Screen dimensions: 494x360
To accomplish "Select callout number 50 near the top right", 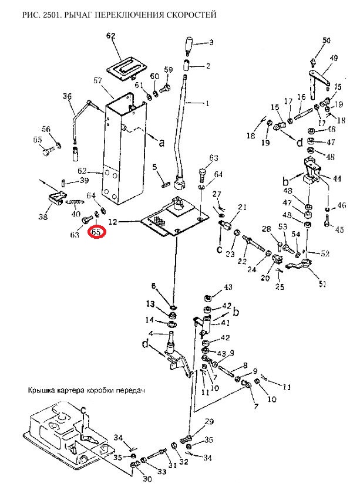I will pyautogui.click(x=327, y=40).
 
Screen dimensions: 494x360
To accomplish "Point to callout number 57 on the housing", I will pyautogui.click(x=99, y=80).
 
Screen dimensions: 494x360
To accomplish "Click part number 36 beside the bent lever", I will pyautogui.click(x=67, y=97).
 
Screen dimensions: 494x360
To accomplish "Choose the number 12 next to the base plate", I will pyautogui.click(x=113, y=222).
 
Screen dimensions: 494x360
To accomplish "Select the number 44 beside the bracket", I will pyautogui.click(x=337, y=178).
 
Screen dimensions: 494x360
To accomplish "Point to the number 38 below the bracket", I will pyautogui.click(x=43, y=217).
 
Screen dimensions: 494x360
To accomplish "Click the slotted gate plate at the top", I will pyautogui.click(x=126, y=64).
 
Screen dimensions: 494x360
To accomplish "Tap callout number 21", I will pyautogui.click(x=243, y=207).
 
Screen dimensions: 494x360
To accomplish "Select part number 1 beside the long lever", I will pyautogui.click(x=206, y=103).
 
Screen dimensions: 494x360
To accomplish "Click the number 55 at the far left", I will pyautogui.click(x=38, y=140).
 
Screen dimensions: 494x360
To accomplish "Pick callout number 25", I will pyautogui.click(x=280, y=287).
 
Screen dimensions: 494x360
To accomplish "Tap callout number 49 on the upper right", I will pyautogui.click(x=334, y=58).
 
